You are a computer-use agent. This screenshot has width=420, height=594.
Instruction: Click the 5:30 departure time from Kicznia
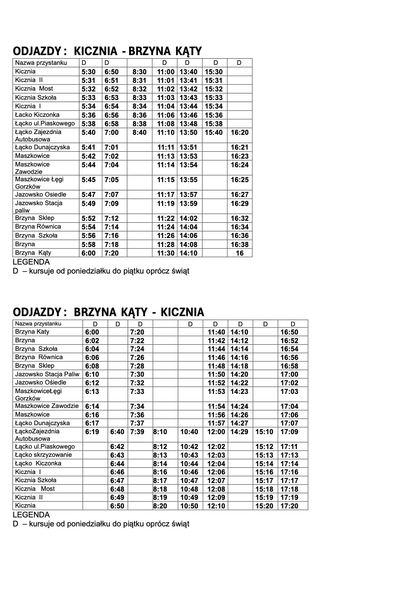(88, 72)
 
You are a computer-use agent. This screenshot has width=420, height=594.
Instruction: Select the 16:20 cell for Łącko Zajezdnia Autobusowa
(240, 133)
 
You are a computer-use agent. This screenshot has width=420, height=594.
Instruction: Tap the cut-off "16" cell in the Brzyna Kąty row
(240, 253)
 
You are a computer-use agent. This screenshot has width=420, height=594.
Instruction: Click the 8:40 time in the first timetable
(140, 133)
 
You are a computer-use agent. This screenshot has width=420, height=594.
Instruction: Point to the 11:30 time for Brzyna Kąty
(166, 253)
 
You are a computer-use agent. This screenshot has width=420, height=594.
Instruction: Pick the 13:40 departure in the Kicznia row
(188, 72)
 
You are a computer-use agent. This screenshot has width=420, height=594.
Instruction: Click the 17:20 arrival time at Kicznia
(289, 506)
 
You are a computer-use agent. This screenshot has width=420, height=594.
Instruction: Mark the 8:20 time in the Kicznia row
(162, 506)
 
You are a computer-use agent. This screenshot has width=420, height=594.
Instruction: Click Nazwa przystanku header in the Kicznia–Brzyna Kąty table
(41, 63)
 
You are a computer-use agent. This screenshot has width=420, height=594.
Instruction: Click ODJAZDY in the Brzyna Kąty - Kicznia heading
(37, 312)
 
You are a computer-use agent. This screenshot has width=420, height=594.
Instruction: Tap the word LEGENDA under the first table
(31, 262)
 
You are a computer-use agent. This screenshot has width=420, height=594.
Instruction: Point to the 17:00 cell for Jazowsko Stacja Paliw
(289, 374)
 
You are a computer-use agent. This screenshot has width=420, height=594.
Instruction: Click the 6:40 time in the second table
(117, 432)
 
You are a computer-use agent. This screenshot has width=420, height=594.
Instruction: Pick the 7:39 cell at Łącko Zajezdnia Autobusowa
(137, 432)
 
